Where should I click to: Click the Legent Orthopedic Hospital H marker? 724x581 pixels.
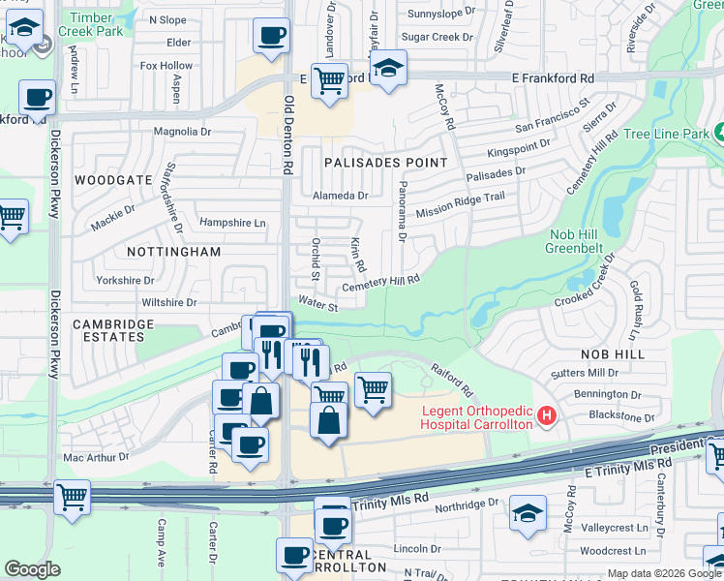548,416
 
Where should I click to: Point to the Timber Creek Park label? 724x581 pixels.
91,24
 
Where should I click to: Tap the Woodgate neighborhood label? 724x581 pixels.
113,180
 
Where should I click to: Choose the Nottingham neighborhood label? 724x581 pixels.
174,251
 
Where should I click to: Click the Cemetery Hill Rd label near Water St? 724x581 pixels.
380,283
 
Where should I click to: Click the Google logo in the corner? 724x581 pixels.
32,569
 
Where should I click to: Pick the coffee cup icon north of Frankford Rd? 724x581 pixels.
271,37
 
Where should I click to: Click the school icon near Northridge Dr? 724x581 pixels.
528,513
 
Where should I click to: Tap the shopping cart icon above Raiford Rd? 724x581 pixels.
373,390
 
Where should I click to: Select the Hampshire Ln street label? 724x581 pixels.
232,223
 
